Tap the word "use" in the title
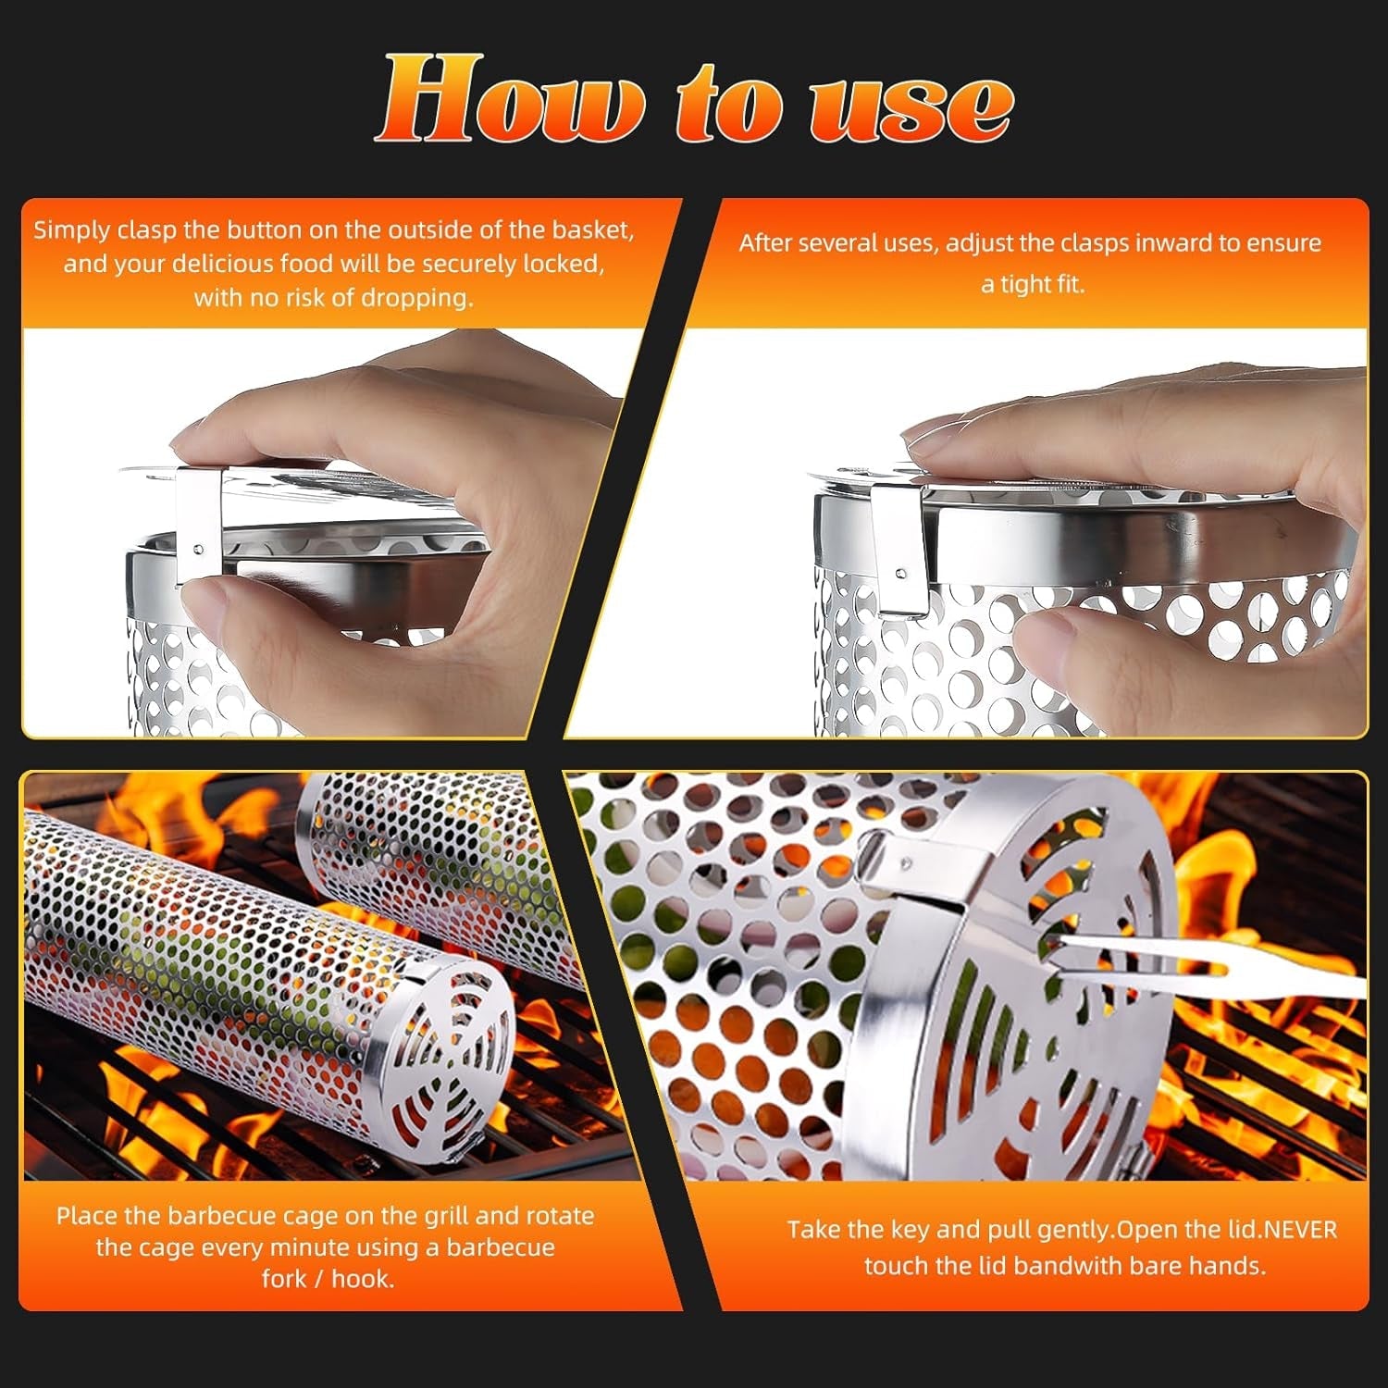click(911, 104)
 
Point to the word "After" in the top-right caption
click(764, 243)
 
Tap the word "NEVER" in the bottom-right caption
click(1300, 1230)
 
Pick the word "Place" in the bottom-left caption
click(86, 1215)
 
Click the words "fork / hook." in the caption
click(328, 1279)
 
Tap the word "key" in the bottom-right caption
click(911, 1230)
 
